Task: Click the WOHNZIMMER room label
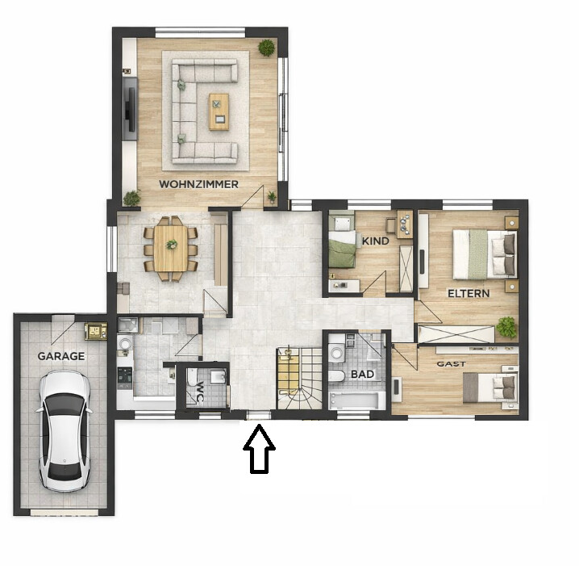coord(198,184)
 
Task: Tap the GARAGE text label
coord(60,355)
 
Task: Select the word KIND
coord(376,241)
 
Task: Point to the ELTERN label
coord(469,293)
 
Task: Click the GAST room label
coord(451,364)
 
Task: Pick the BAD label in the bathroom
coord(360,375)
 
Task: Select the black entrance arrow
coord(259,450)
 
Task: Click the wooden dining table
coord(170,247)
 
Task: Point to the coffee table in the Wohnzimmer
coord(219,111)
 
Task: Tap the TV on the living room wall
coord(129,108)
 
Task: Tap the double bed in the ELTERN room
coord(483,254)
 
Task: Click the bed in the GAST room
coord(489,388)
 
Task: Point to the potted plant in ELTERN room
coord(506,327)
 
